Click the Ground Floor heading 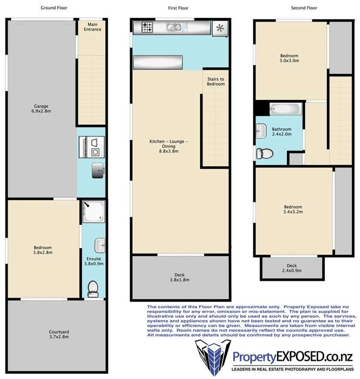(54, 8)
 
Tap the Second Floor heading (304, 8)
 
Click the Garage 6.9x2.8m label (41, 109)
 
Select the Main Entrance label (93, 27)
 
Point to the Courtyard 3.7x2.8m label (59, 334)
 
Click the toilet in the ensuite (93, 289)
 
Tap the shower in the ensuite (94, 211)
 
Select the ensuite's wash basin (100, 245)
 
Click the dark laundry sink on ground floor (98, 170)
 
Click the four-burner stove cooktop (147, 27)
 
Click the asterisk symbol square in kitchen (220, 28)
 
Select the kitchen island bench (158, 63)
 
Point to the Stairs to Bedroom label (216, 81)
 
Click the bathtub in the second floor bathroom (286, 109)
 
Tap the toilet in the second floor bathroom (264, 153)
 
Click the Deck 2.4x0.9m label (292, 268)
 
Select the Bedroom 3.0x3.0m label (289, 58)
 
